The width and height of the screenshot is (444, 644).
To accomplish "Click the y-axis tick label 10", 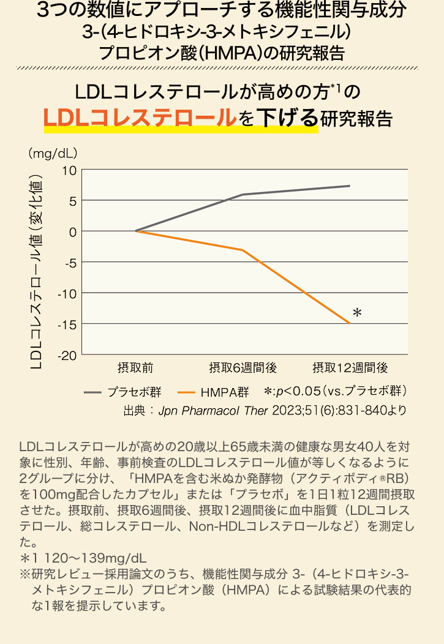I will point(68,170).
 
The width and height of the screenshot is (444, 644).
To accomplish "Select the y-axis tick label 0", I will point(72,231).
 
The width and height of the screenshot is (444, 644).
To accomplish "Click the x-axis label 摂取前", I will point(135,368).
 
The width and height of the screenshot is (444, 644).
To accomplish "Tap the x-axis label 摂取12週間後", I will point(350,368).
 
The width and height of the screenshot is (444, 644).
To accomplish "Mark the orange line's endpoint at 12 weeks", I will point(350,323).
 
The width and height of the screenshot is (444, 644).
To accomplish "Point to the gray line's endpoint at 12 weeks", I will point(350,185).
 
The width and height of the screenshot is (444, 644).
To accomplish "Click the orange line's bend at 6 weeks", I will point(243,250).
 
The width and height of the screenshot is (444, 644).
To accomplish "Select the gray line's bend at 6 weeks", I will point(243,195).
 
